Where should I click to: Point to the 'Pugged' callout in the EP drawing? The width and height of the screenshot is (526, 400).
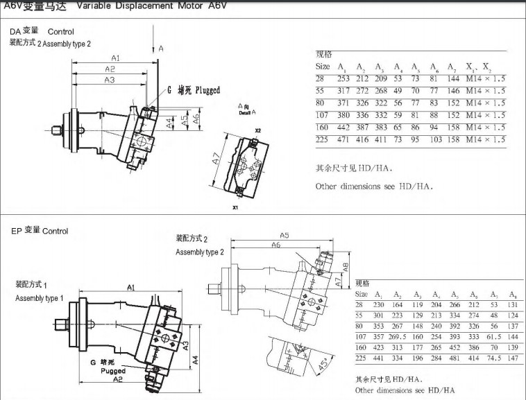point(113,371)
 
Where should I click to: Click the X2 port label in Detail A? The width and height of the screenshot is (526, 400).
point(257,130)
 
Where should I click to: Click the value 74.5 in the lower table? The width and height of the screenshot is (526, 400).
point(493,358)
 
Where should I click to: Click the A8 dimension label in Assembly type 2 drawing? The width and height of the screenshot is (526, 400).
point(345,266)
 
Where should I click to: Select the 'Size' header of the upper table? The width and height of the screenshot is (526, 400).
point(323,67)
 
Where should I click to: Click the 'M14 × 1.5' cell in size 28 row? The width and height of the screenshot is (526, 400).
point(485,79)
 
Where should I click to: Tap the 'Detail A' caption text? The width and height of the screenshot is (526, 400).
point(247,112)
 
